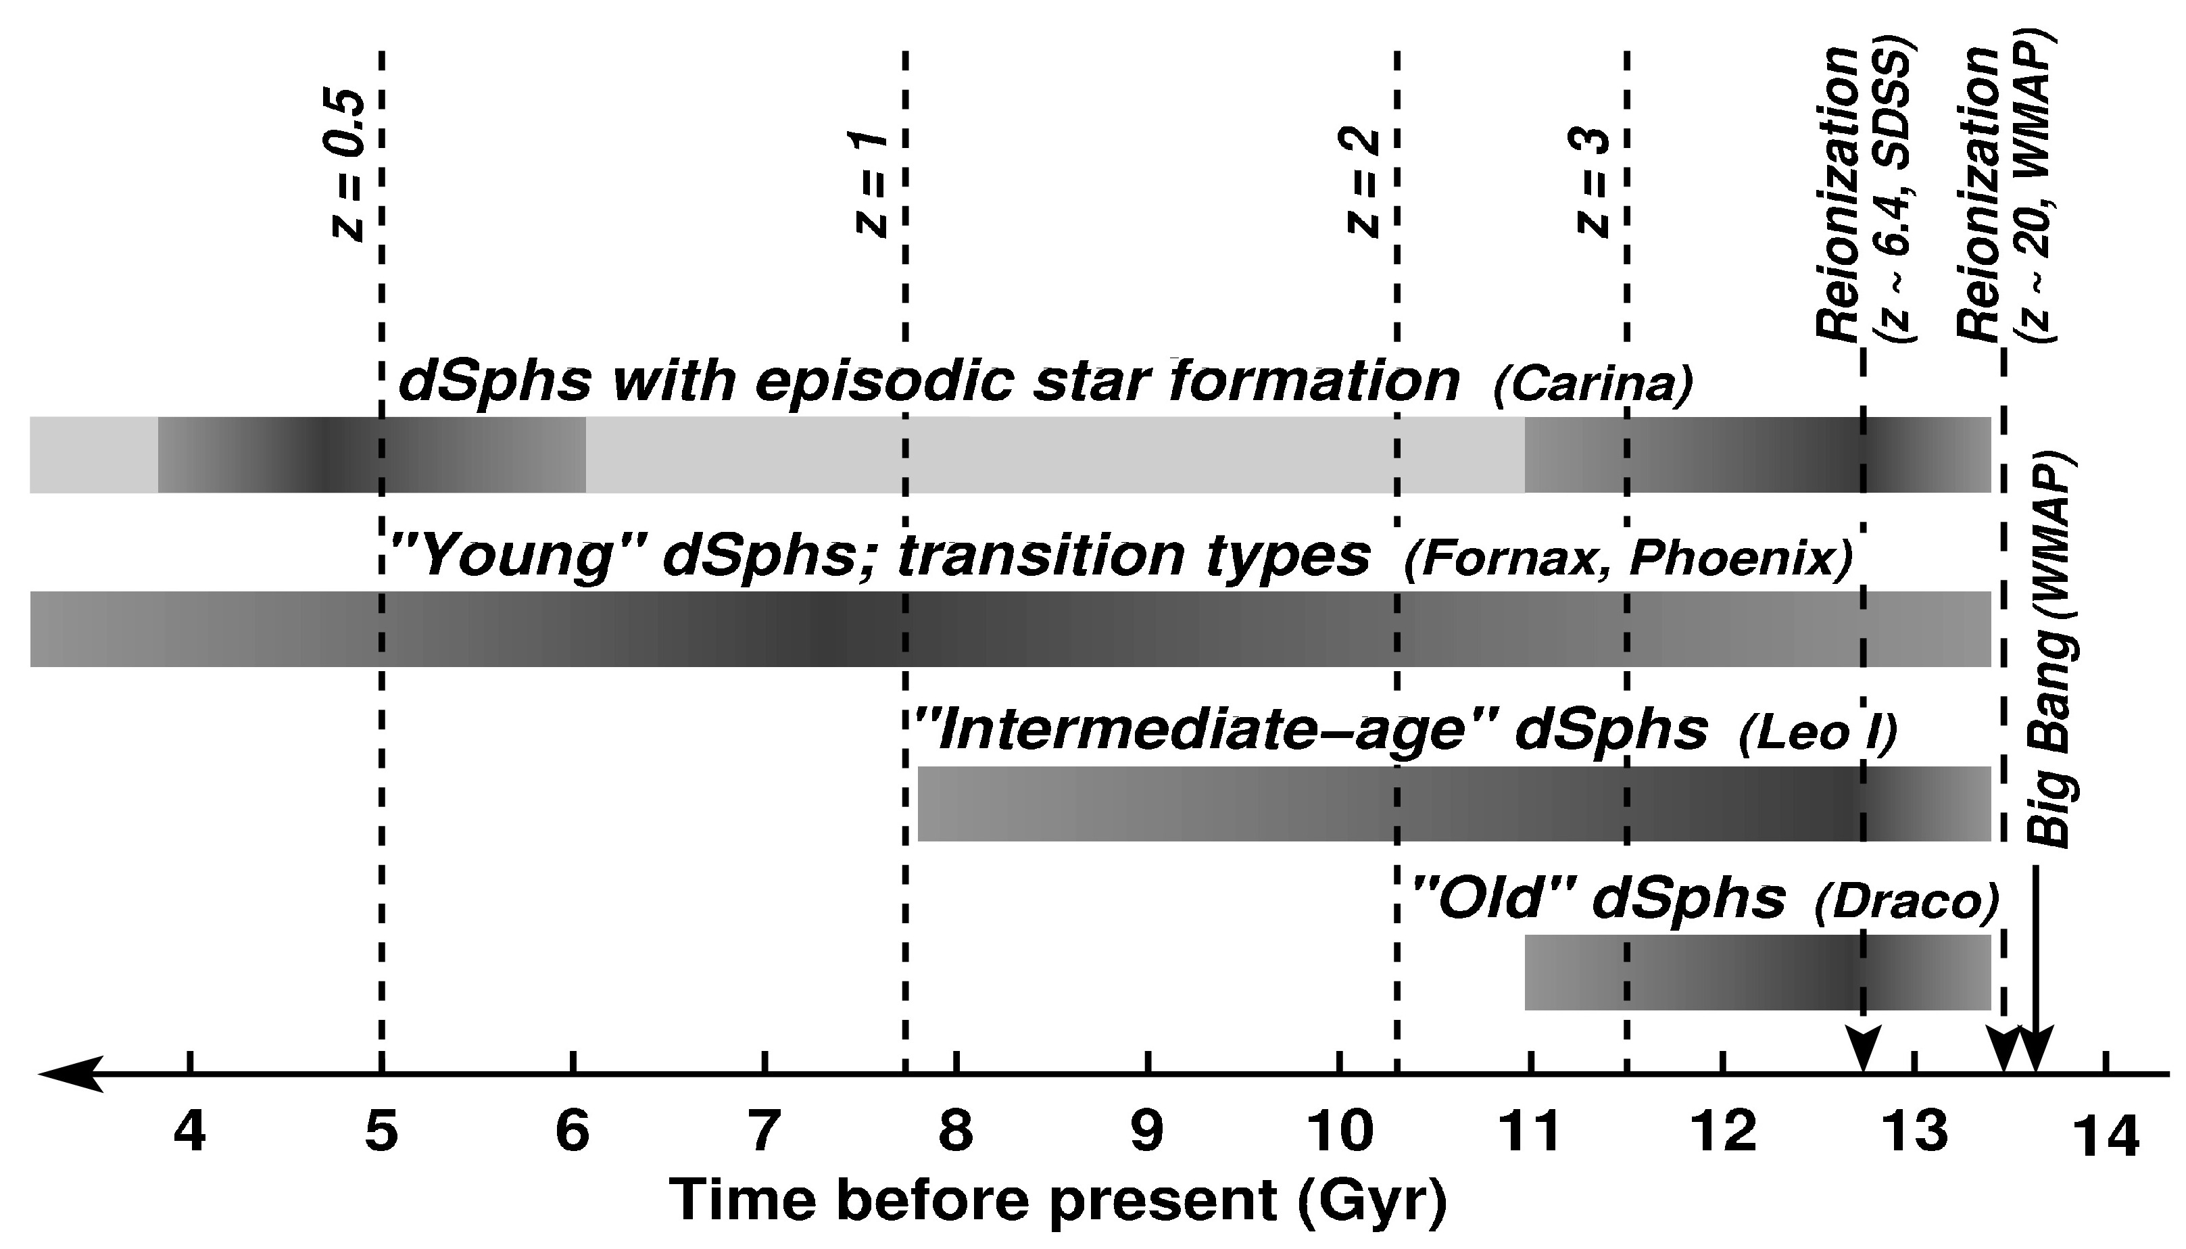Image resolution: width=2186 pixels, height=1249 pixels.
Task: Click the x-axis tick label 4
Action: (x=189, y=1132)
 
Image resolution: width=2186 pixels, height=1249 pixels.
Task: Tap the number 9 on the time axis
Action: (x=1147, y=1132)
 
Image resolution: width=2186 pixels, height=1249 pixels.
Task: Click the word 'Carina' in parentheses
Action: (x=1594, y=386)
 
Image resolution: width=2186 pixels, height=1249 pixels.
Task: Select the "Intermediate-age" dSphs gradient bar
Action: (x=1454, y=804)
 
